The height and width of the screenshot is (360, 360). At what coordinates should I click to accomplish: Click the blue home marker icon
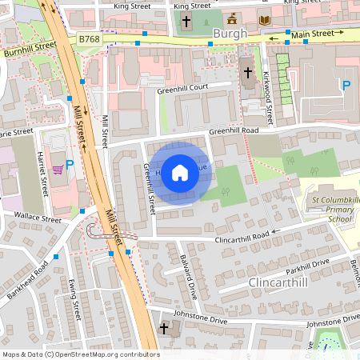pyautogui.click(x=180, y=172)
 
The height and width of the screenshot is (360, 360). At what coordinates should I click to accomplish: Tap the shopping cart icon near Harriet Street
pyautogui.click(x=58, y=169)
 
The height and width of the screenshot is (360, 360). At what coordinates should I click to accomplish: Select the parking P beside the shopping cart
pyautogui.click(x=70, y=165)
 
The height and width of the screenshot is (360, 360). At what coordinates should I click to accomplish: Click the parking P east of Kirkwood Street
pyautogui.click(x=346, y=86)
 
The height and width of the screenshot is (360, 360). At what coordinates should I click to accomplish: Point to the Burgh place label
pyautogui.click(x=230, y=34)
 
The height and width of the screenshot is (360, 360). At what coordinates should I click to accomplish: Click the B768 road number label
pyautogui.click(x=89, y=38)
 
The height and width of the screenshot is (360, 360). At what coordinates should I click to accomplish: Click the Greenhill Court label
pyautogui.click(x=182, y=89)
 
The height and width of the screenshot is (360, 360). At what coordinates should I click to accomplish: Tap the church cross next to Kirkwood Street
pyautogui.click(x=247, y=72)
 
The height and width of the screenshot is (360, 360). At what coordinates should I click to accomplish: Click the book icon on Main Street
pyautogui.click(x=265, y=19)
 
